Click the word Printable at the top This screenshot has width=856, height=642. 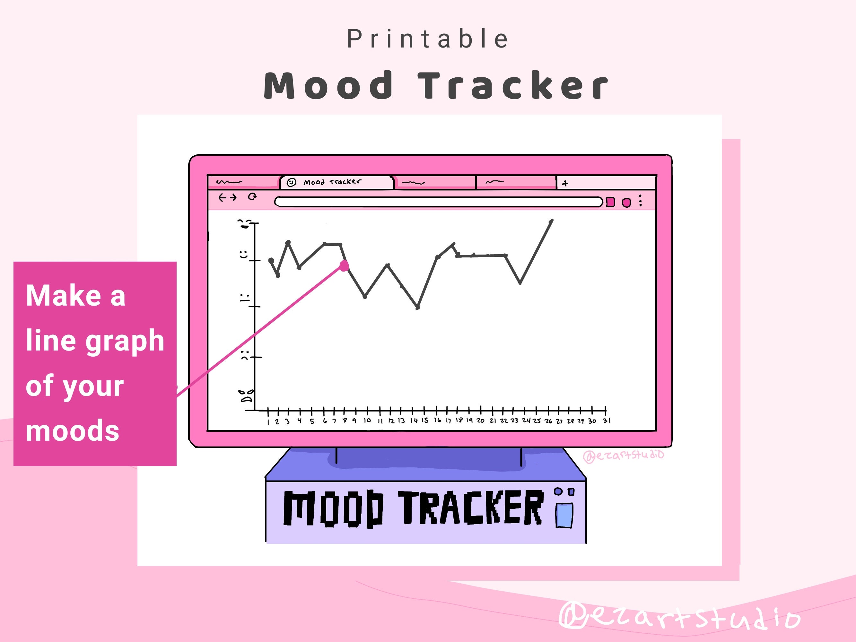427,39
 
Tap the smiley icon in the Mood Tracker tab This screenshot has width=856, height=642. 292,182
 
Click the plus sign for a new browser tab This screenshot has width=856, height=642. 565,183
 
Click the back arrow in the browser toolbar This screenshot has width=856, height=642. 222,198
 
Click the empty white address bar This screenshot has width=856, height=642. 437,202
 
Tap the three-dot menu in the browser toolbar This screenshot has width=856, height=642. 641,200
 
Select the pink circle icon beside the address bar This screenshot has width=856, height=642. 626,203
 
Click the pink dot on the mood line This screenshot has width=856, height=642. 344,265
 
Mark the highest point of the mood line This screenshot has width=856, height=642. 551,221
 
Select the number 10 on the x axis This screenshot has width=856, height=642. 367,420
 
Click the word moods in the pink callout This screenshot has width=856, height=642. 72,431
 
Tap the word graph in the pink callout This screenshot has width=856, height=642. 125,341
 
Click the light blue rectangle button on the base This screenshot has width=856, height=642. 564,515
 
